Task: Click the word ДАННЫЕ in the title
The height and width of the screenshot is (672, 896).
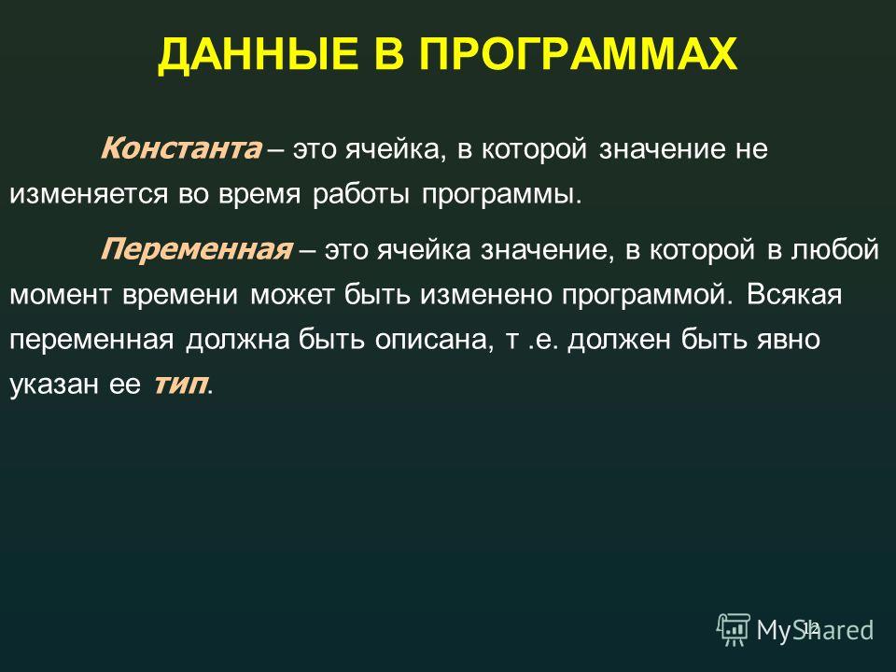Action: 258,55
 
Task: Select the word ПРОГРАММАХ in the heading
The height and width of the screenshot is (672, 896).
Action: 579,54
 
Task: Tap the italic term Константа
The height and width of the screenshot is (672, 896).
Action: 181,148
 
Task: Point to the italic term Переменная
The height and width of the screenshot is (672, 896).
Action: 197,249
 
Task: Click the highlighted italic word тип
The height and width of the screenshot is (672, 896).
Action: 179,384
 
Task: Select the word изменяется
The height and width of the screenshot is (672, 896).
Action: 89,194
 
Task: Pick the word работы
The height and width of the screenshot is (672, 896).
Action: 361,193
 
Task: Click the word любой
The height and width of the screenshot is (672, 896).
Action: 834,248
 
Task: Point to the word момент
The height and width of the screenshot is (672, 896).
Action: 60,295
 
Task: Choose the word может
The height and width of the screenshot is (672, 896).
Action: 292,295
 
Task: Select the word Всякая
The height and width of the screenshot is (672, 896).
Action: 794,294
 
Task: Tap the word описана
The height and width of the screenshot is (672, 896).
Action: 432,340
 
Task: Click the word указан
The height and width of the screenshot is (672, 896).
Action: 54,384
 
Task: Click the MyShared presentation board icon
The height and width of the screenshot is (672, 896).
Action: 734,630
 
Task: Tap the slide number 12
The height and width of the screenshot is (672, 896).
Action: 811,627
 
